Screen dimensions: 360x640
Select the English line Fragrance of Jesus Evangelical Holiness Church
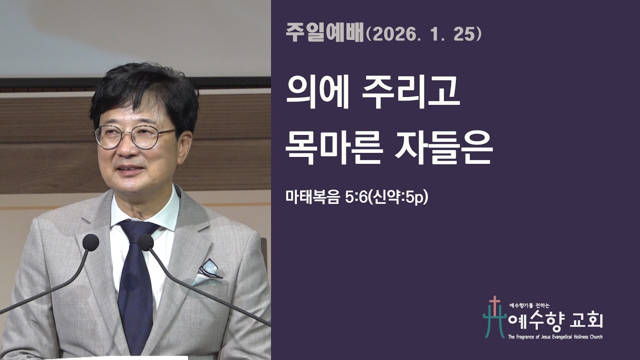555,337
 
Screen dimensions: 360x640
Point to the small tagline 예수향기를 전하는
528,304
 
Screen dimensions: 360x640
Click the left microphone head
90,242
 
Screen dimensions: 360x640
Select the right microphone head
145,242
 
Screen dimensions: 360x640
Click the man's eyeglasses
134,135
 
